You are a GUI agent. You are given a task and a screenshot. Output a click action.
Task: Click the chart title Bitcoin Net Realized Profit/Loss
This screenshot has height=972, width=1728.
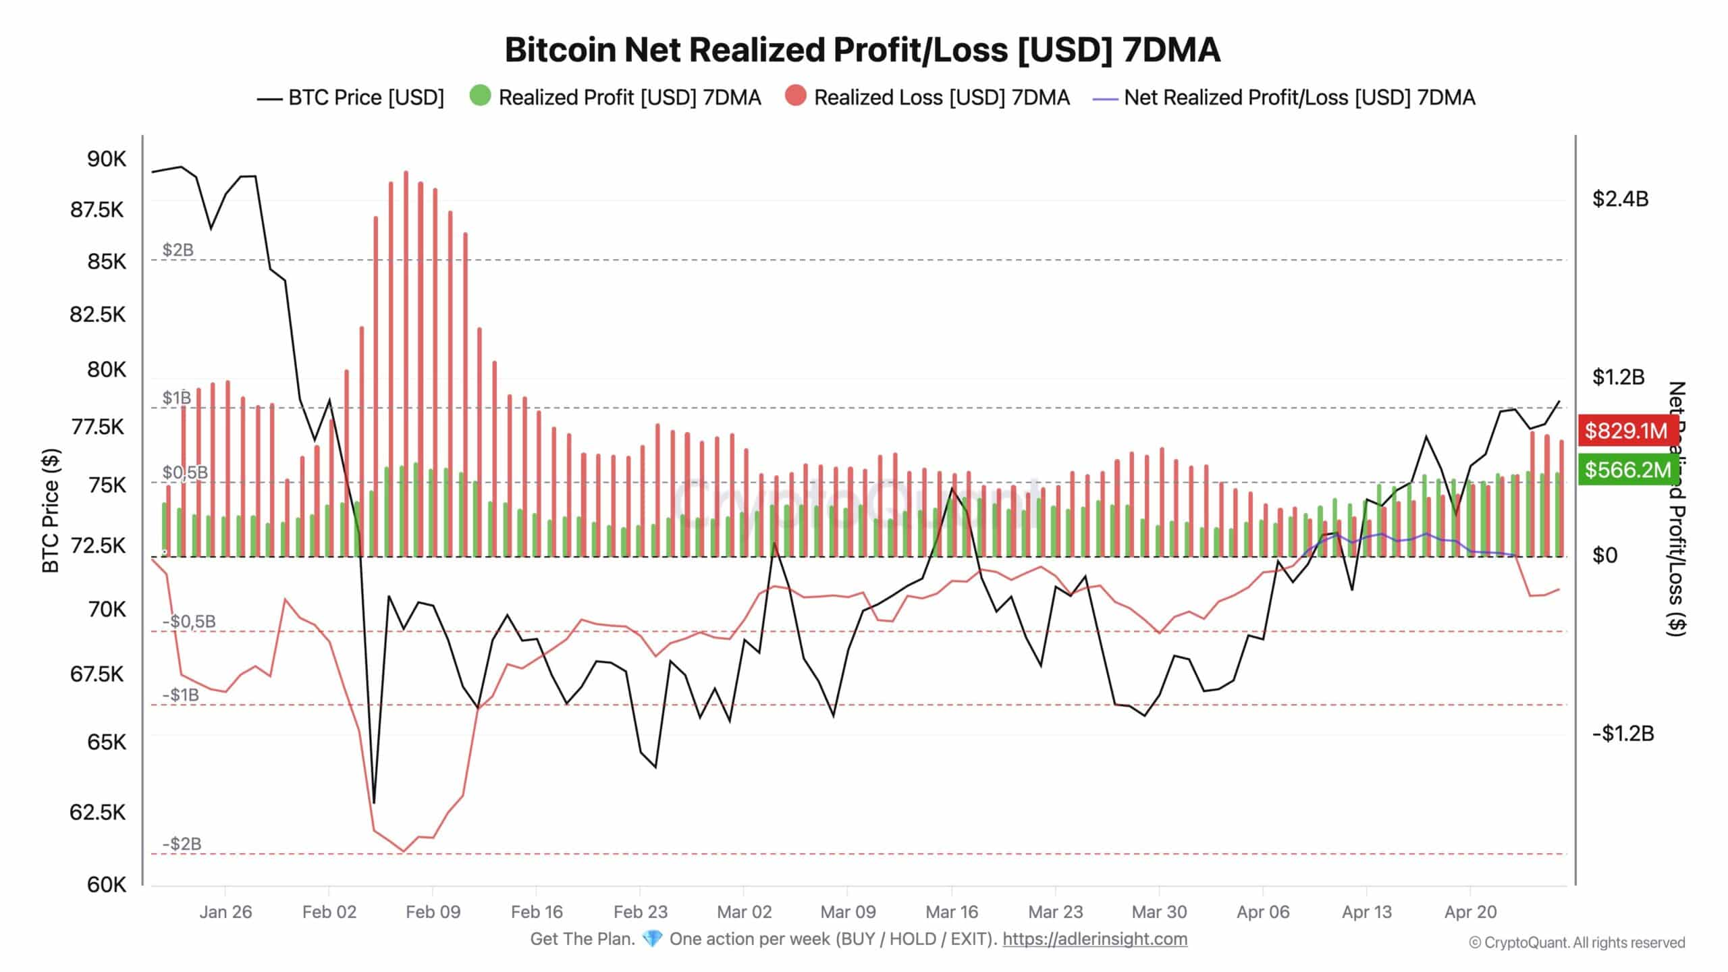(862, 50)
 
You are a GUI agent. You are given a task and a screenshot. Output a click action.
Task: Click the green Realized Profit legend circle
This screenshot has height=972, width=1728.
(480, 96)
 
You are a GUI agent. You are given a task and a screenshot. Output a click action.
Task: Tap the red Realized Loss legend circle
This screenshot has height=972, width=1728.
(796, 96)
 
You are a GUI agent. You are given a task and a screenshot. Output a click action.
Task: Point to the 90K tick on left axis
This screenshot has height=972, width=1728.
(106, 159)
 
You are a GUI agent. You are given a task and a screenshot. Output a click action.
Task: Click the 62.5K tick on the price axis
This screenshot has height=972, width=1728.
(98, 812)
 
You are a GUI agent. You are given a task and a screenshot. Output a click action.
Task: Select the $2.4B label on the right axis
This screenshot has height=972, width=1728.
(1620, 199)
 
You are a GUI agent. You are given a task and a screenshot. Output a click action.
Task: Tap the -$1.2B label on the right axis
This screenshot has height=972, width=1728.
(1623, 734)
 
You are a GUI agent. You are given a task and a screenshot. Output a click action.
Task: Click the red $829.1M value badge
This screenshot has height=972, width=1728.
(1626, 431)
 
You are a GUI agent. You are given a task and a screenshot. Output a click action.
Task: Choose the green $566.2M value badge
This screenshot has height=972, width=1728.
(1627, 470)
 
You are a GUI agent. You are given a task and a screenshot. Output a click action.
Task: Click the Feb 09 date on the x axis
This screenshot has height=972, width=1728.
(433, 912)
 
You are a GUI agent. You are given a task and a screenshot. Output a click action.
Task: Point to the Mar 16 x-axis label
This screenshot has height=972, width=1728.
(952, 912)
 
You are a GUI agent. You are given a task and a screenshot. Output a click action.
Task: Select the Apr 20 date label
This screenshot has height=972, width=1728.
(1470, 912)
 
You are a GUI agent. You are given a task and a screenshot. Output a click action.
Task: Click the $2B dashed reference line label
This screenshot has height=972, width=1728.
(178, 250)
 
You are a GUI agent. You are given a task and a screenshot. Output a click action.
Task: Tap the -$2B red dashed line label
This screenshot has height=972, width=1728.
(182, 844)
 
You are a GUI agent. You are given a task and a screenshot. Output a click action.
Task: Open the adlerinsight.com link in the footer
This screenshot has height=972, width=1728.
(1094, 939)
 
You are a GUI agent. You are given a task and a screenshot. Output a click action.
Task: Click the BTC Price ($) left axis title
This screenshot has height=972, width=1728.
(51, 511)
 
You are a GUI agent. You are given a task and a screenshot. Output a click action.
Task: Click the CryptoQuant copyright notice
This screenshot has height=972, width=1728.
(1577, 943)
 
